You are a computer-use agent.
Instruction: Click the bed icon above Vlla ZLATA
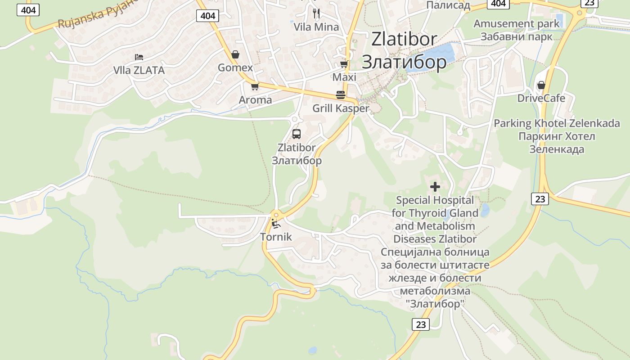tap(139, 57)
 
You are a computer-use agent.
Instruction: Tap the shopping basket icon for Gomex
tap(235, 54)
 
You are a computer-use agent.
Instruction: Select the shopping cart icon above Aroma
tap(255, 86)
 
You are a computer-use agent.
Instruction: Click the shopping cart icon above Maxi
tap(344, 64)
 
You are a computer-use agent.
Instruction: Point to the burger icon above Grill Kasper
tap(341, 95)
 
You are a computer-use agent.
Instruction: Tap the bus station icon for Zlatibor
tap(296, 134)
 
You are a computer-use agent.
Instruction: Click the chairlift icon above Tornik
tap(275, 223)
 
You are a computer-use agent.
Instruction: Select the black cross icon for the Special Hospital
tap(435, 186)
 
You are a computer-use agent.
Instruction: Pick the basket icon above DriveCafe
tap(541, 85)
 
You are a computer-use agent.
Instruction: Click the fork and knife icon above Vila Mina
tap(316, 13)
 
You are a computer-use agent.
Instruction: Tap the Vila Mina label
tap(316, 27)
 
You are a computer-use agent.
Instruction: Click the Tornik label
tap(276, 237)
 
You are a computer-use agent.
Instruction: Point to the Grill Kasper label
tap(341, 108)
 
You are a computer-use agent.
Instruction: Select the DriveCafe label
tap(541, 98)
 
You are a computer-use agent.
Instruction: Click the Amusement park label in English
tap(516, 24)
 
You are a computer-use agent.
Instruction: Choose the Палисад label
tap(448, 5)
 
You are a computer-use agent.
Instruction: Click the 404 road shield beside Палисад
tap(498, 4)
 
